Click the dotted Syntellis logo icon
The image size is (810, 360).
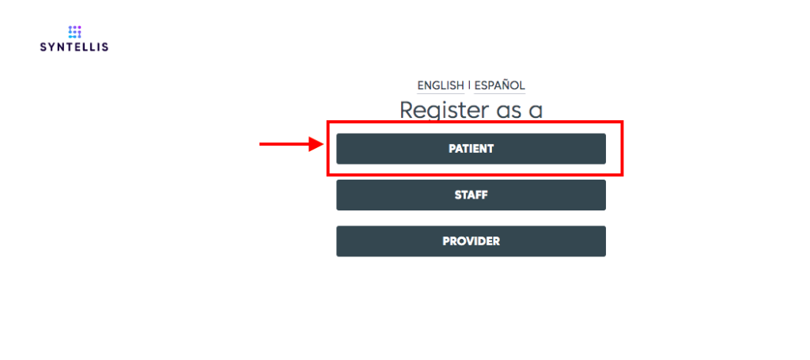(75, 32)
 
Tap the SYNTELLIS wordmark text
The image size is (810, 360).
(74, 47)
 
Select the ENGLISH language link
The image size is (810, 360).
(441, 85)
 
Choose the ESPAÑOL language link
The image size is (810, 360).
(500, 85)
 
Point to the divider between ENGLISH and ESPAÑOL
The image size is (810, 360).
(469, 85)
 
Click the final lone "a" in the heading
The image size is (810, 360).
(536, 112)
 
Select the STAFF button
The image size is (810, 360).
(471, 195)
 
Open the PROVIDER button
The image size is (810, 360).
(471, 241)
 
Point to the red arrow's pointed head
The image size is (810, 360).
(323, 144)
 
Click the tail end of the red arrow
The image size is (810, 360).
(259, 144)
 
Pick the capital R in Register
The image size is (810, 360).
(407, 109)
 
